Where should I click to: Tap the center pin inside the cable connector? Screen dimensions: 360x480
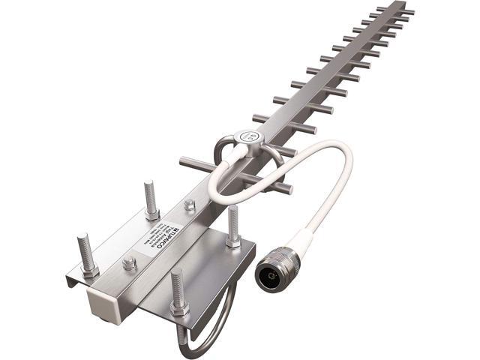coord(269,277)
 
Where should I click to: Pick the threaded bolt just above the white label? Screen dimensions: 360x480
coord(150,198)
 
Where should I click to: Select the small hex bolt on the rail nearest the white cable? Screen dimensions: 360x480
coord(189,204)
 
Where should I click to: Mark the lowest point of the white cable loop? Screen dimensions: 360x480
coord(225,201)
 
